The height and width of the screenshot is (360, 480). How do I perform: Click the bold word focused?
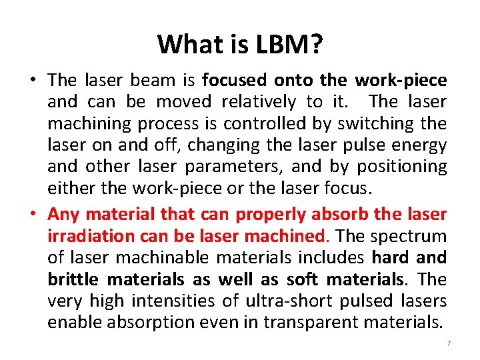point(233,80)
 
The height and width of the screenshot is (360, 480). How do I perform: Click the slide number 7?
point(449,342)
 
